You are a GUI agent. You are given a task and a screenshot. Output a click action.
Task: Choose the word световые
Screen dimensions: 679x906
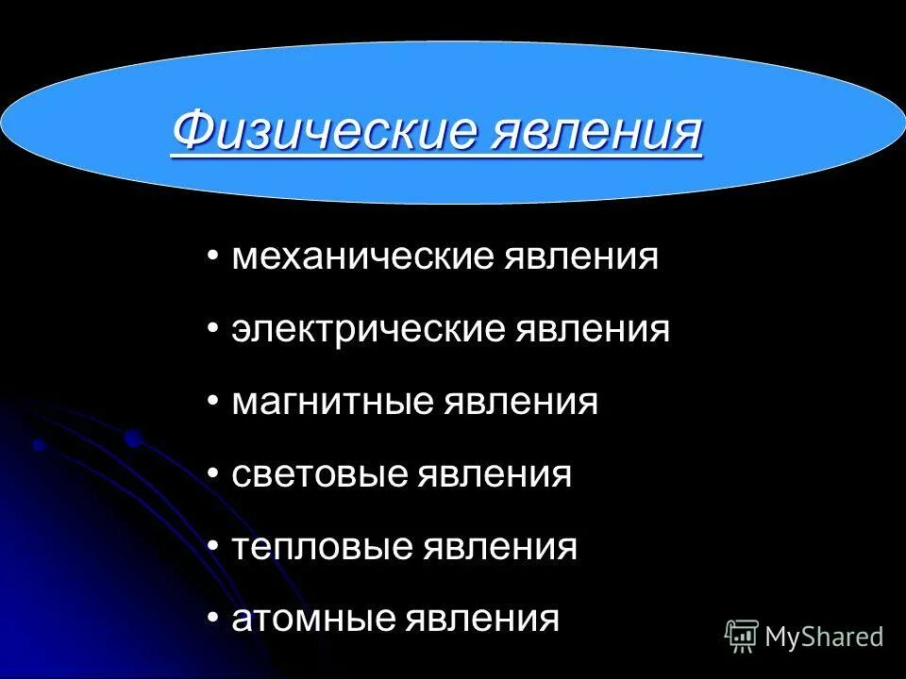coord(319,473)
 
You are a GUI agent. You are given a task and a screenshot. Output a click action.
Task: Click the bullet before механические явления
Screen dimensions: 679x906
coord(213,257)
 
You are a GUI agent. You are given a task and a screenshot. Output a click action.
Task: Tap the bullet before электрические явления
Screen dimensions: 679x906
coord(213,329)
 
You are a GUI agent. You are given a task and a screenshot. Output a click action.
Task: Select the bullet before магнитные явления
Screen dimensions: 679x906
coord(213,402)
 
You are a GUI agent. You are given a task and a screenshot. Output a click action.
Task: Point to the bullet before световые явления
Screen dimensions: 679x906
coord(213,473)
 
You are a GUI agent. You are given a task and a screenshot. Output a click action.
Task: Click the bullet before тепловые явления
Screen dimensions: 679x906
coord(213,546)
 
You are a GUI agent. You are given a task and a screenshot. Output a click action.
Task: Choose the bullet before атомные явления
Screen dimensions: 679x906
coord(213,619)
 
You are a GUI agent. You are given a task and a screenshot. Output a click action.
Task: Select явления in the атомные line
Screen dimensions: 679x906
coord(482,619)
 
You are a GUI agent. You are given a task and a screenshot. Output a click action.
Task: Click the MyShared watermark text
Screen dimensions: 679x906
coord(824,638)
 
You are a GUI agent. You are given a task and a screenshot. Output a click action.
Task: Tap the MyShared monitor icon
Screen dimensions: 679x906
coord(742,637)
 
